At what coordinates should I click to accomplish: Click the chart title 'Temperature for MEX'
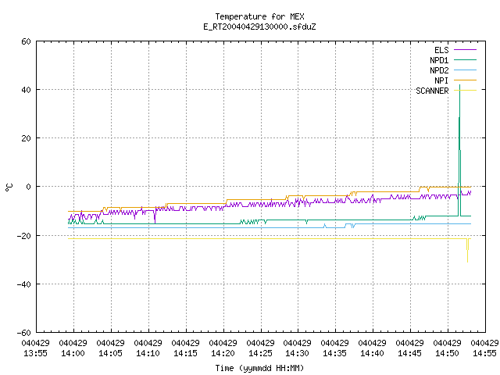(x=259, y=16)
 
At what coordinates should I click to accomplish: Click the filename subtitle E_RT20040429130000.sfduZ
(x=259, y=27)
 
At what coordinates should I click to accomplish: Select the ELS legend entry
(x=455, y=50)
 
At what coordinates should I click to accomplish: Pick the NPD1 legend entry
(x=453, y=60)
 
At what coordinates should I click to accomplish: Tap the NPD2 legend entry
(x=453, y=70)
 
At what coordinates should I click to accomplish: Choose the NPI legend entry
(x=455, y=80)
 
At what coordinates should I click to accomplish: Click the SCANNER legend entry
(x=446, y=91)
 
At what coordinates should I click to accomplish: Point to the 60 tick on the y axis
(x=26, y=41)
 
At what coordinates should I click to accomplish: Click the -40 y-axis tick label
(x=24, y=284)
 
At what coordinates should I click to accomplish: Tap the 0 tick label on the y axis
(x=29, y=187)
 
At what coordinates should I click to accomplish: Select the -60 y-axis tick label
(x=24, y=333)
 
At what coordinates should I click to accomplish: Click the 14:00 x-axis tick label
(x=73, y=348)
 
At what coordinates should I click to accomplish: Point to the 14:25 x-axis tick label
(x=260, y=348)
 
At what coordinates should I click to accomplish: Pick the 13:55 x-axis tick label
(x=35, y=348)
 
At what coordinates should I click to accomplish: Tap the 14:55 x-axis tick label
(x=484, y=348)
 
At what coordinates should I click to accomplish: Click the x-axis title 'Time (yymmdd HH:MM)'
(x=259, y=368)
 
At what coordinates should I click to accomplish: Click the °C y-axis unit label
(x=9, y=187)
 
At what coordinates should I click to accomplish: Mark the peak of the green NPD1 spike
(x=459, y=85)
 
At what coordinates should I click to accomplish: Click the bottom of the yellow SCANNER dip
(x=467, y=262)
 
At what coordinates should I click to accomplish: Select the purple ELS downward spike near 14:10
(x=155, y=223)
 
